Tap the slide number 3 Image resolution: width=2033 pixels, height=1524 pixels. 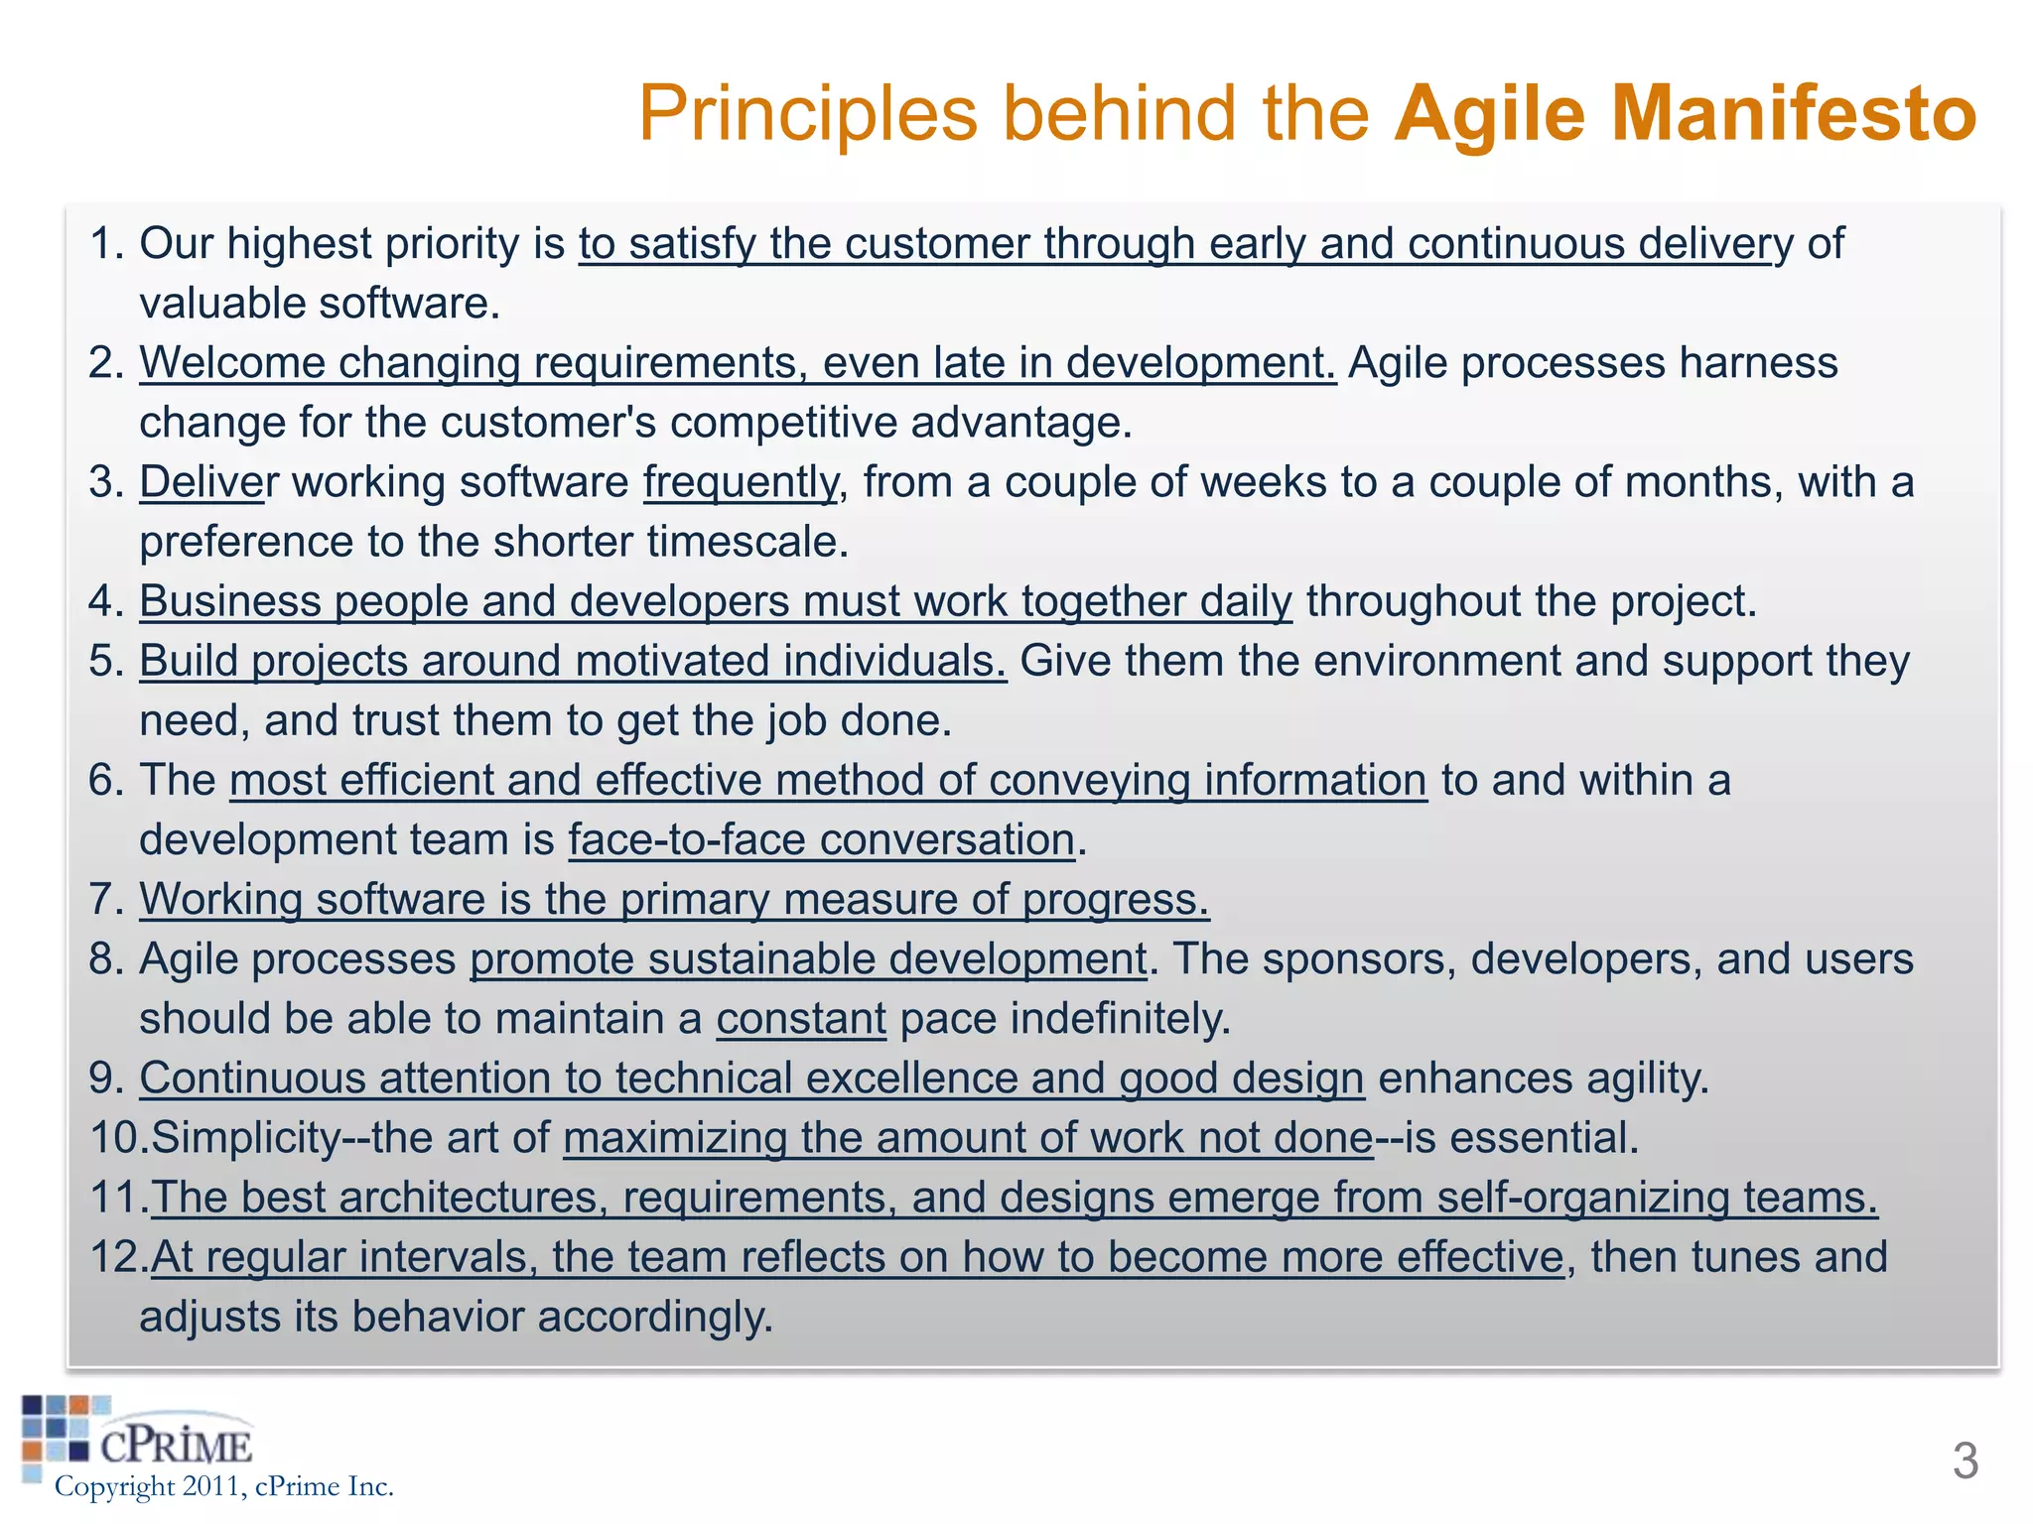point(1965,1460)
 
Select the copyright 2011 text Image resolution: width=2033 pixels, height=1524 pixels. point(223,1486)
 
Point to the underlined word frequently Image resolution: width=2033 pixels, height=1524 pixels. point(741,482)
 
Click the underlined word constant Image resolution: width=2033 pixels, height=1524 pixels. point(801,1019)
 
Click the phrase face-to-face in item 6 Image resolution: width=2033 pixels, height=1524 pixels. point(687,840)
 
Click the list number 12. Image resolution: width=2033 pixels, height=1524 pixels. point(117,1257)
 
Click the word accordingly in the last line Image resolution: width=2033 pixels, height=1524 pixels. point(654,1318)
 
